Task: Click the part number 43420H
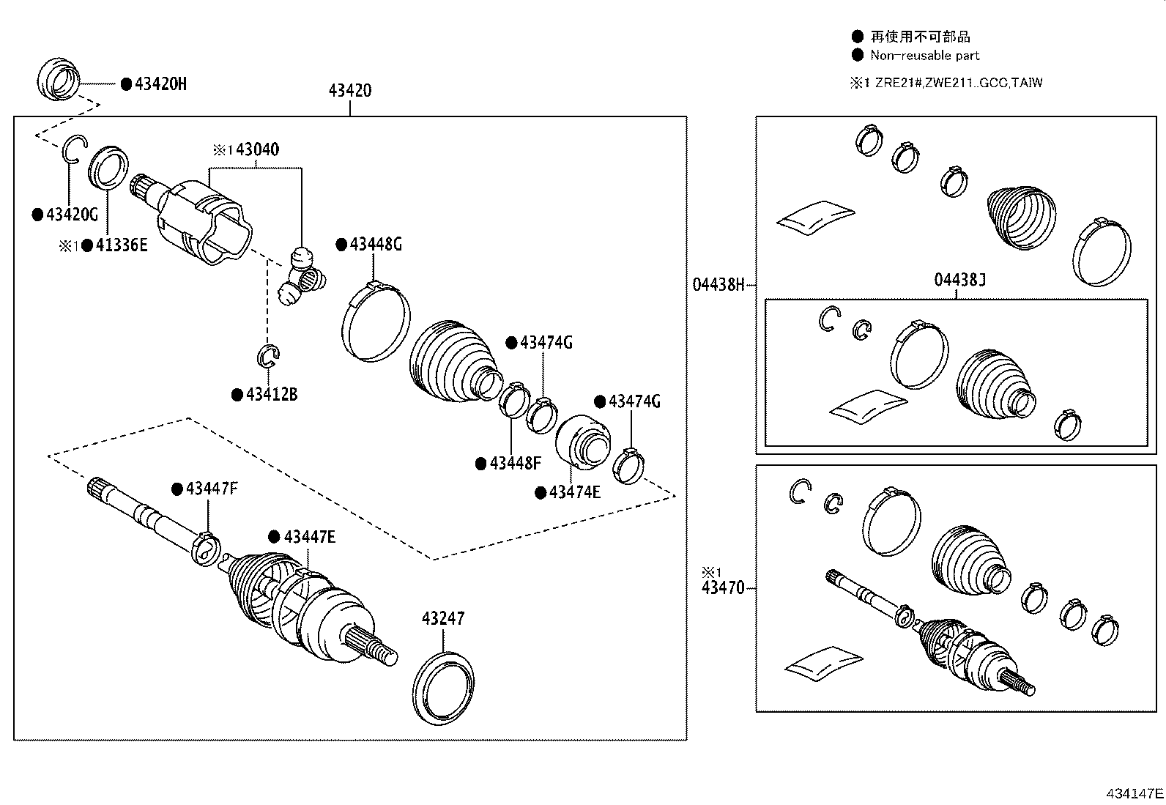pos(160,84)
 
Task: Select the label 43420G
pos(72,215)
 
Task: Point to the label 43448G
pos(376,244)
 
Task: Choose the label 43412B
pos(272,395)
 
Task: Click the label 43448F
pos(515,463)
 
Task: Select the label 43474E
pos(575,492)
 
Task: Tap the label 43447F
pos(212,489)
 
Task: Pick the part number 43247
pos(442,619)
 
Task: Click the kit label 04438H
pos(718,284)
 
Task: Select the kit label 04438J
pos(959,279)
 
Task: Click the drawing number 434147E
pos(1135,793)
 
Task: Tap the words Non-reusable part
pos(924,56)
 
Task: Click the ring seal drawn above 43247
pos(444,685)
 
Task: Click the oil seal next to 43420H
pos(57,78)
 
